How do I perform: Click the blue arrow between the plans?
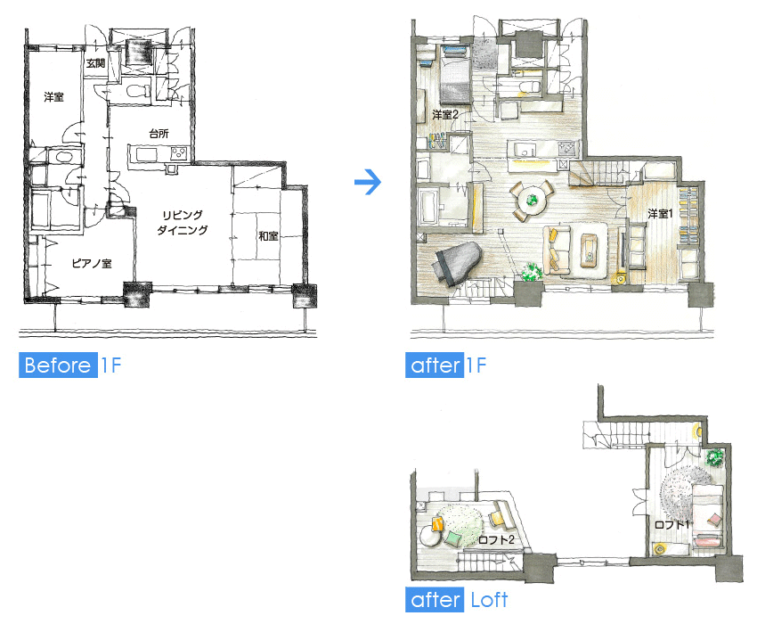368,182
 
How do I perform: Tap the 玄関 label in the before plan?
95,63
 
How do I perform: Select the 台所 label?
159,134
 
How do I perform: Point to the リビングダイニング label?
183,222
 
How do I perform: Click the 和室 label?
268,236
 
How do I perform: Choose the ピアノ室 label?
92,264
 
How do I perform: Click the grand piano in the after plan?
457,264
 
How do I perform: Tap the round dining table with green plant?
532,199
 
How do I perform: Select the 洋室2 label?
445,115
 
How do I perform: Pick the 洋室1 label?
660,213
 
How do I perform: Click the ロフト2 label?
496,539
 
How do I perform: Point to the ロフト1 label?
672,524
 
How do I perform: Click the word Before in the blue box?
58,365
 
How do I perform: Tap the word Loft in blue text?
489,600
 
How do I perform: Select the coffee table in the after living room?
589,250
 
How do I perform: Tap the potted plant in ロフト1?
714,456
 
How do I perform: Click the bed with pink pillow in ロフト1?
708,516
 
